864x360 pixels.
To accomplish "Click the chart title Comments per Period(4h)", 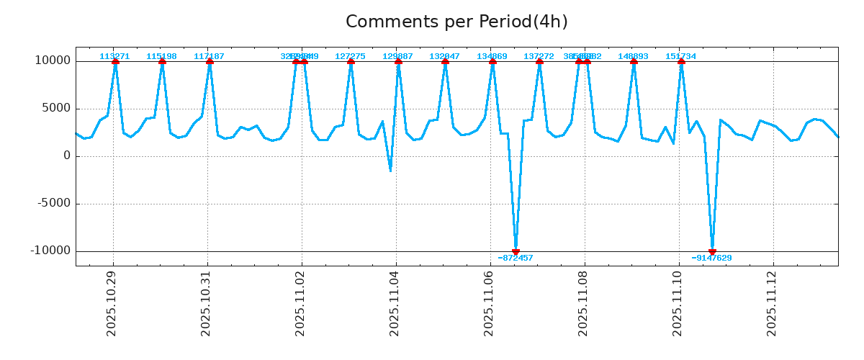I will pos(456,22).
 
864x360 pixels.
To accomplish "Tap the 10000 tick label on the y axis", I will pos(53,60).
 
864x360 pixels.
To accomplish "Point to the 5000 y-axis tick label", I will pos(57,108).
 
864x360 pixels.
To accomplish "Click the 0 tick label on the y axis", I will pos(67,156).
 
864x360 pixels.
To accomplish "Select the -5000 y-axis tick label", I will pos(55,203).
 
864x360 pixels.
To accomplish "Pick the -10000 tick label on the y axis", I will pos(51,251).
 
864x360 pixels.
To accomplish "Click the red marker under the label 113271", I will pos(115,62).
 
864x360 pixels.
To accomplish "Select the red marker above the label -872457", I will pos(516,251).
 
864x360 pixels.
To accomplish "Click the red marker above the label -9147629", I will pos(712,251).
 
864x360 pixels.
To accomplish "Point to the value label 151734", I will pos(680,56).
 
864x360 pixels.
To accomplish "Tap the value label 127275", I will pos(350,56).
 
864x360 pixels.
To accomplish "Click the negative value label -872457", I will pos(516,258).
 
